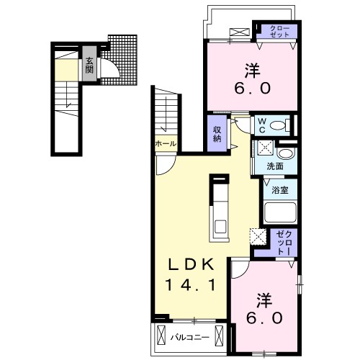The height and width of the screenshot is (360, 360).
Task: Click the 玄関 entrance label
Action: point(89,66)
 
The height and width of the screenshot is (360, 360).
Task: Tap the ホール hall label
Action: point(166,144)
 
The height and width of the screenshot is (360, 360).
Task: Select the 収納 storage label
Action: point(217,134)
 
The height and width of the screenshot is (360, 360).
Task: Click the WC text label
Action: point(262,125)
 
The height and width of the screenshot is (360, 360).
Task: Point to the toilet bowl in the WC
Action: point(278,125)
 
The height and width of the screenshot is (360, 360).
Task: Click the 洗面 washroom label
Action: point(275,166)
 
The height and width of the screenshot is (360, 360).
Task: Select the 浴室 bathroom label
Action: point(280,190)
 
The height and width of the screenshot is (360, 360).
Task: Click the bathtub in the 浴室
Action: point(280,213)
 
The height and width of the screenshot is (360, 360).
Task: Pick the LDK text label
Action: point(191,265)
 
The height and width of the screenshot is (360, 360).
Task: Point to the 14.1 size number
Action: point(191,285)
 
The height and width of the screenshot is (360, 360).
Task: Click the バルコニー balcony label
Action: point(189,338)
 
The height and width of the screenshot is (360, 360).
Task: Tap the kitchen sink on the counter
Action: point(220,227)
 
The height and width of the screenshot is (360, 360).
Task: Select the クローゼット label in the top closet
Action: point(280,32)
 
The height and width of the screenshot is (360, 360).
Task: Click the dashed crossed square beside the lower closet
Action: point(258,237)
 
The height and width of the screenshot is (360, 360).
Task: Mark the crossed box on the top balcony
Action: point(240,32)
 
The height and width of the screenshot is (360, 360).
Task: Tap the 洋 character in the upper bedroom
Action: point(252,70)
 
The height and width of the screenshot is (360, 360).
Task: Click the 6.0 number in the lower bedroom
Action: point(264,318)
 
